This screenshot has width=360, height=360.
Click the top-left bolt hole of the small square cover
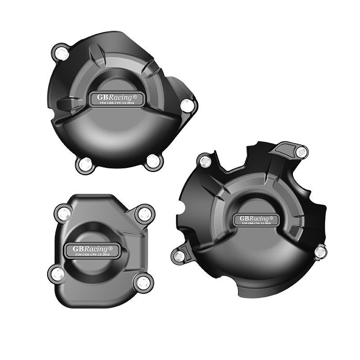click(63, 213)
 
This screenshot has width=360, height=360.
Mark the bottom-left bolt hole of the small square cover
click(56, 272)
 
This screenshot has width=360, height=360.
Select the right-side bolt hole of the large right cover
click(320, 251)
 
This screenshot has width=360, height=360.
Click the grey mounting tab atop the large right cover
click(287, 148)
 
